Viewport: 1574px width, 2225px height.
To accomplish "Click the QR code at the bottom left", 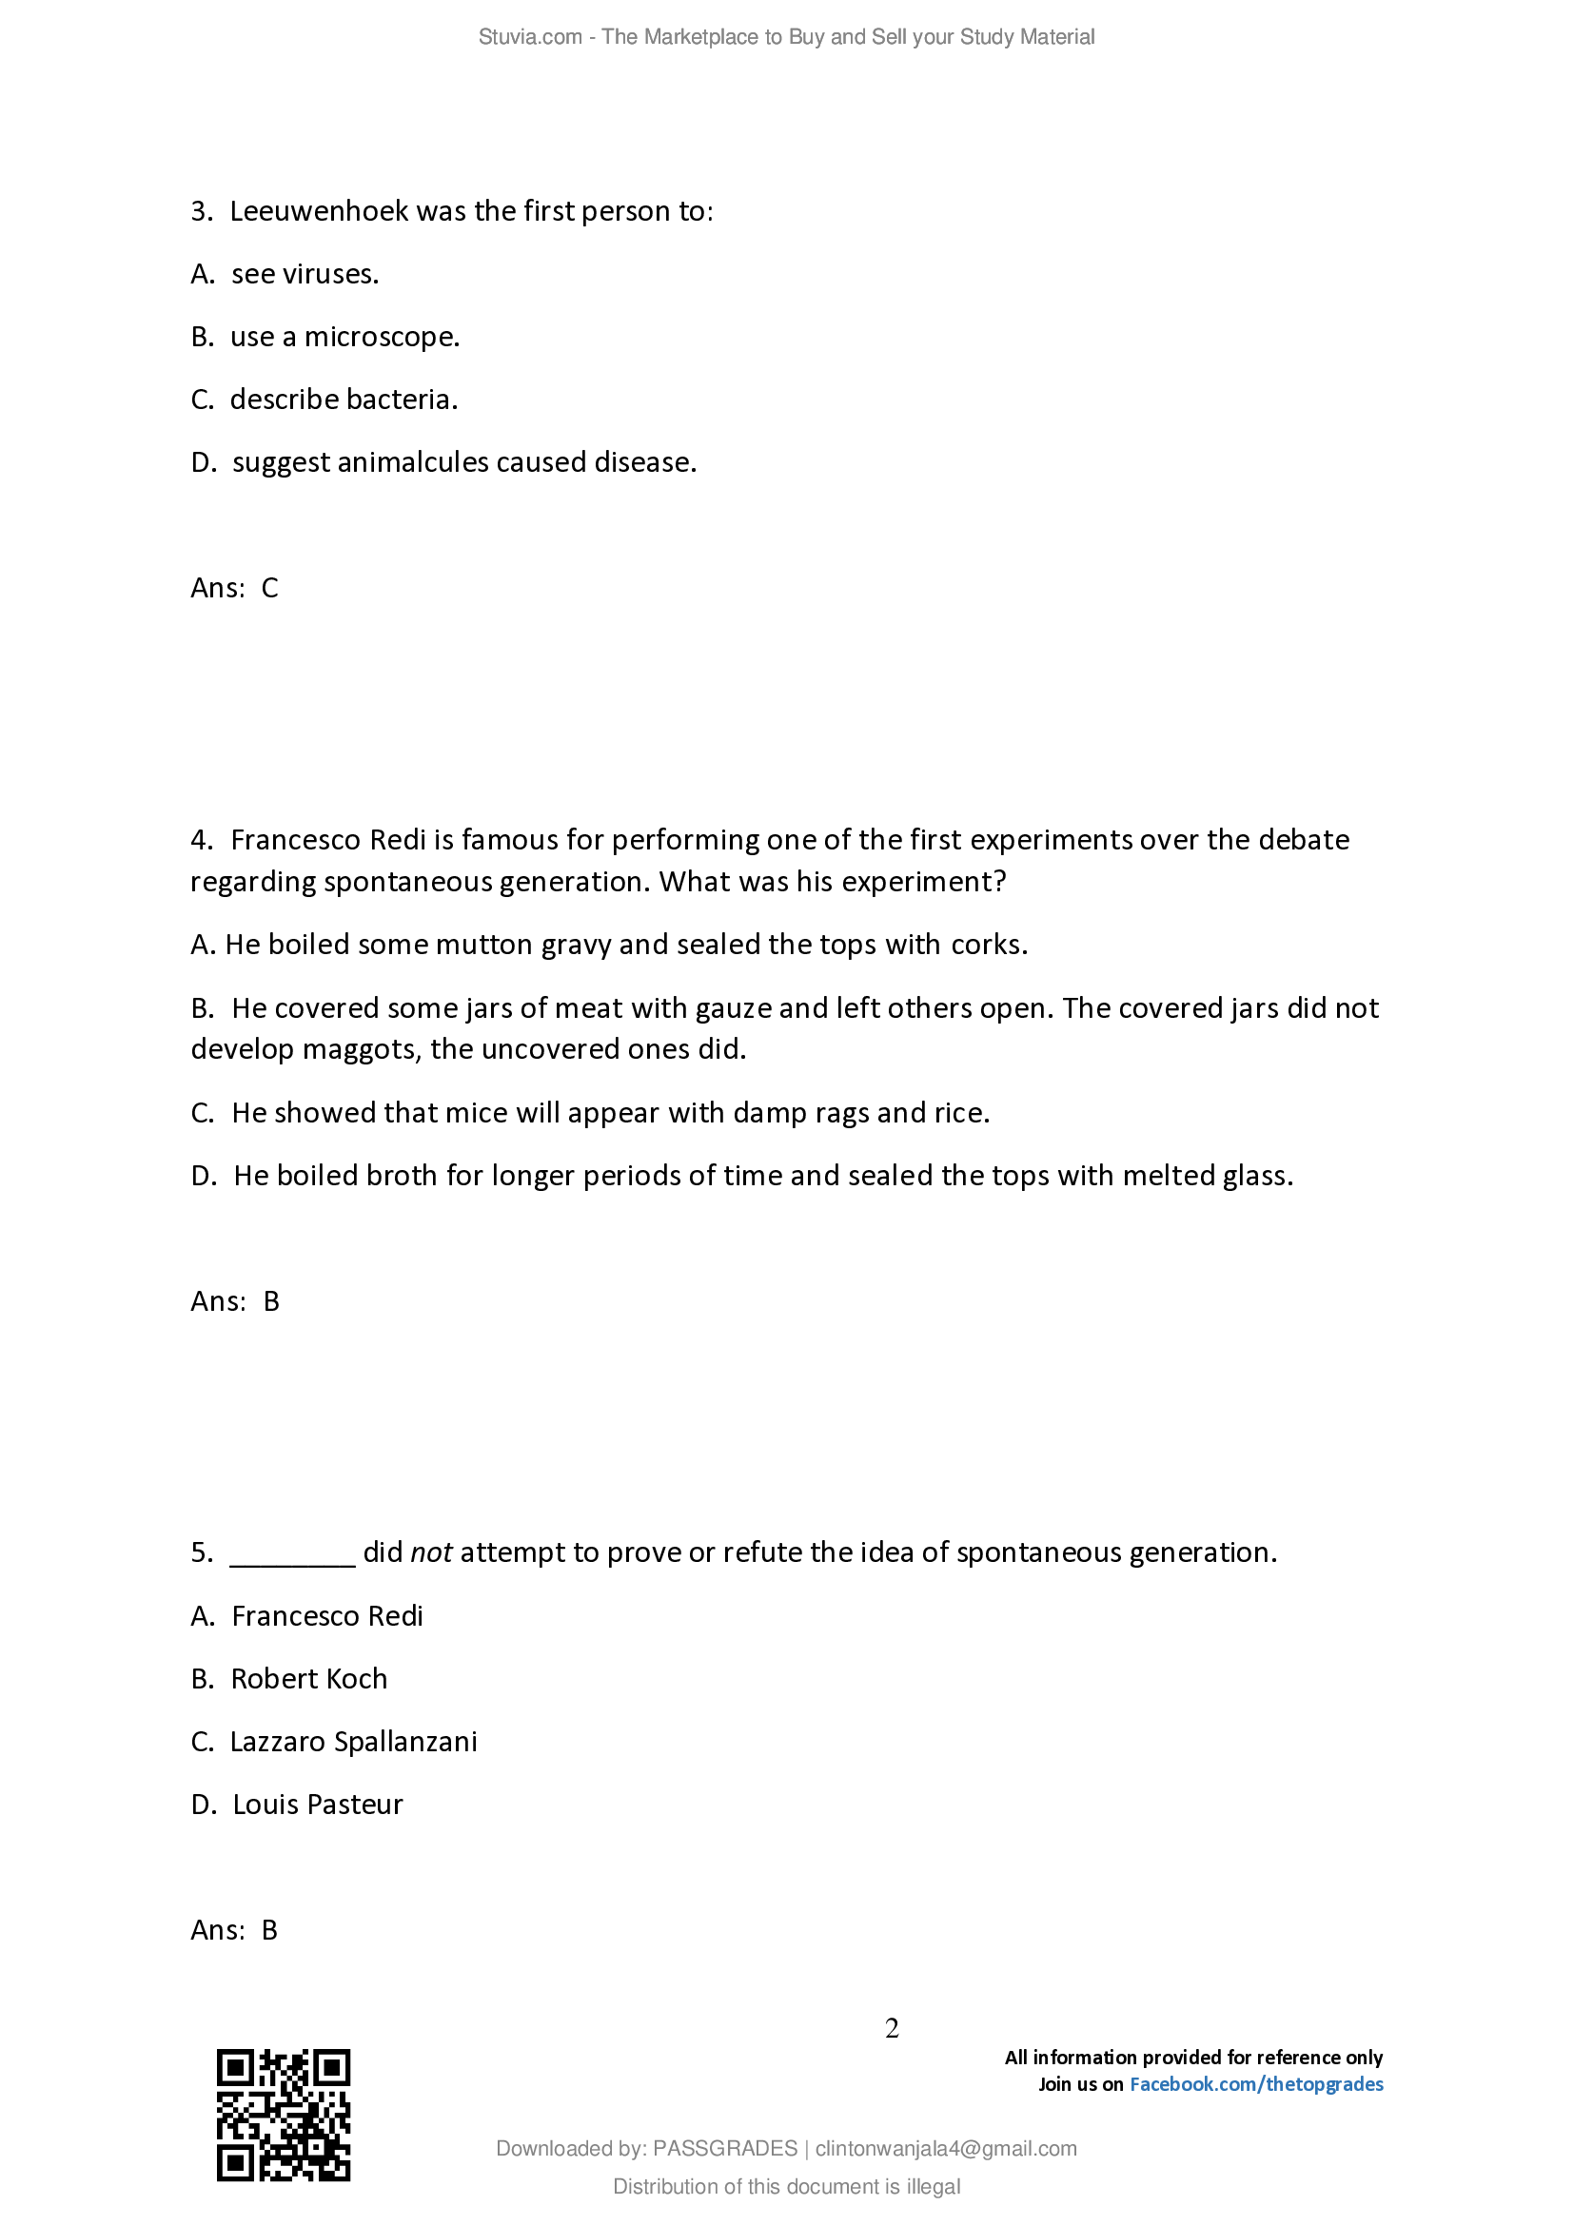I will pos(282,2115).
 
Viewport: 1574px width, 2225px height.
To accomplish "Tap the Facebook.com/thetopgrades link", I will pos(1256,2083).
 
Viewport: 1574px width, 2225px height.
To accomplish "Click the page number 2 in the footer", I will pos(892,2027).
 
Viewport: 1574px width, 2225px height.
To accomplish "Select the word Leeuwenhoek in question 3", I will pos(319,211).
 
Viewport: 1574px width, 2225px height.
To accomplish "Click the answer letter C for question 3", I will pos(269,588).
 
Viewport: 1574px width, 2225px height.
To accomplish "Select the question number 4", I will pos(201,839).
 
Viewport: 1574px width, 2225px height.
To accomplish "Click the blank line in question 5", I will pos(293,1553).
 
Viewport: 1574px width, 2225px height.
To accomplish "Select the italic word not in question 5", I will pos(431,1553).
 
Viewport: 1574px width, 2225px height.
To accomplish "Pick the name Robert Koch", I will pos(308,1679).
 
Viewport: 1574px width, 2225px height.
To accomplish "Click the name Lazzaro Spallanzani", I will pos(353,1743).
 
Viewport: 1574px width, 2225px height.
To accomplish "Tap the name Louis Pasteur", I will pos(317,1805).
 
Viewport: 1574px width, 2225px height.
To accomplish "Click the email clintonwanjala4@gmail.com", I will pos(945,2149).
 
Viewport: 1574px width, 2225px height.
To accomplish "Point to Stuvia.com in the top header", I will pos(529,37).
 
